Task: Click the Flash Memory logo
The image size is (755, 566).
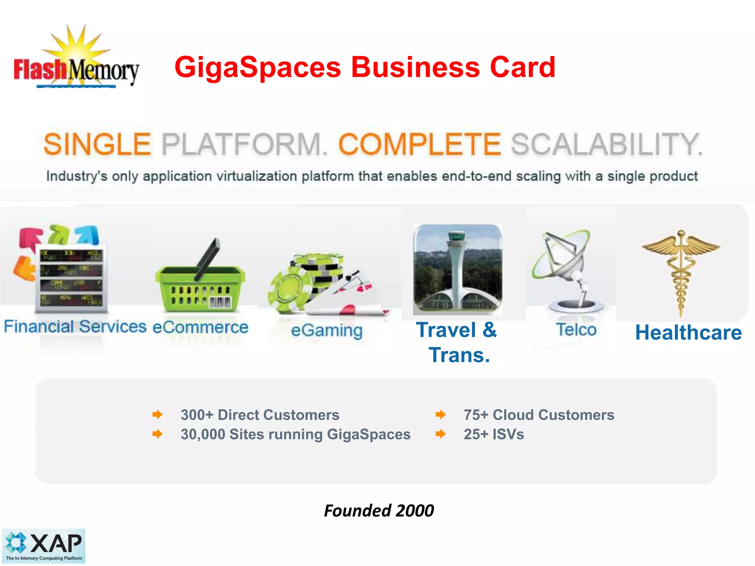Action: point(76,59)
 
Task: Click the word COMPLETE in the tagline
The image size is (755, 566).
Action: point(420,144)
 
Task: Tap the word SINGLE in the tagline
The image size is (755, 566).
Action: point(97,144)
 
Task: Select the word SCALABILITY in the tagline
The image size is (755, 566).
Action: point(606,144)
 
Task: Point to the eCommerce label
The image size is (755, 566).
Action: point(200,327)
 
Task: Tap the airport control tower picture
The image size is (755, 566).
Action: point(457,269)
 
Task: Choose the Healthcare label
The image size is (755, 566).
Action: point(688,333)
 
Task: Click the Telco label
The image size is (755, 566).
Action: point(576,329)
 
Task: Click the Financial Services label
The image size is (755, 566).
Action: point(75,326)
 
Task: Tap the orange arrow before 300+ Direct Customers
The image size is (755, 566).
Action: point(157,415)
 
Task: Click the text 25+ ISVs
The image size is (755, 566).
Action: point(494,434)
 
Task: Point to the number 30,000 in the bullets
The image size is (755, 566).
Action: point(203,434)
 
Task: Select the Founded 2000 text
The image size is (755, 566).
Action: point(379,511)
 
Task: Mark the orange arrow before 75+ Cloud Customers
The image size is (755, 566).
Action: point(441,415)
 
